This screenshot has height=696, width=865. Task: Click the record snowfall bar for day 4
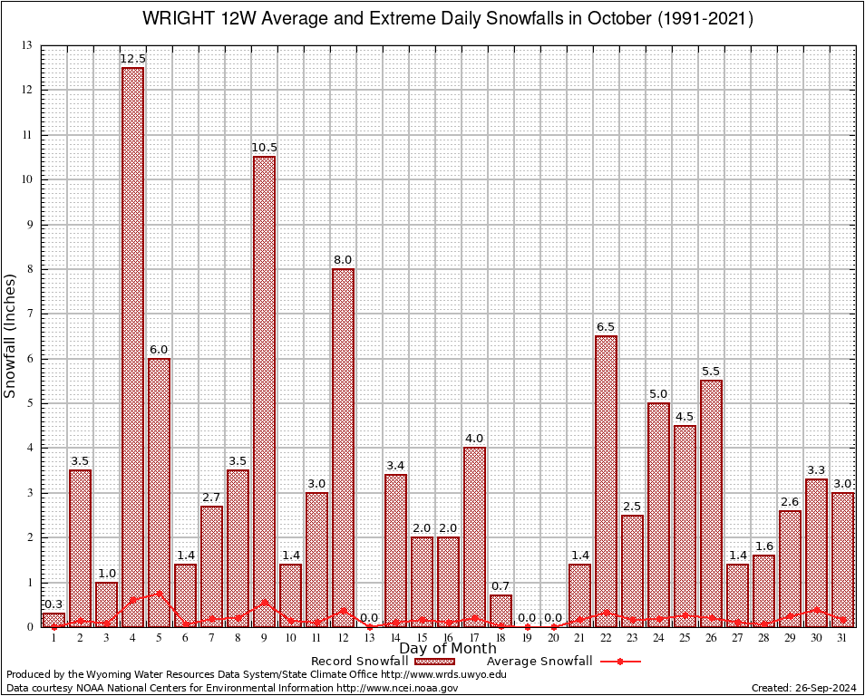(132, 344)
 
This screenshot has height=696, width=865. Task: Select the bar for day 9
(264, 390)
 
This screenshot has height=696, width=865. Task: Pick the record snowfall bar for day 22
(606, 480)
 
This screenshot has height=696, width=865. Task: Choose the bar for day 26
(711, 503)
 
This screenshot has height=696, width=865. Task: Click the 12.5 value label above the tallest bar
(132, 59)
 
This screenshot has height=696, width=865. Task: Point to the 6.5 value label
(606, 327)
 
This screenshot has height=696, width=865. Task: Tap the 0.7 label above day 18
(501, 586)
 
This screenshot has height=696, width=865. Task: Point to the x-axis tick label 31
(842, 638)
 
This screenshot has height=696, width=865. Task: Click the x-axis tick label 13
(369, 638)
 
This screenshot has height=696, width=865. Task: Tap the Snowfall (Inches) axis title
(11, 336)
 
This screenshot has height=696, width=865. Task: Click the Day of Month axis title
(447, 649)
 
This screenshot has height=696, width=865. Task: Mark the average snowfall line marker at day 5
(159, 594)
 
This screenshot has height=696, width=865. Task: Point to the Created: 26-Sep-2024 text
(803, 688)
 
